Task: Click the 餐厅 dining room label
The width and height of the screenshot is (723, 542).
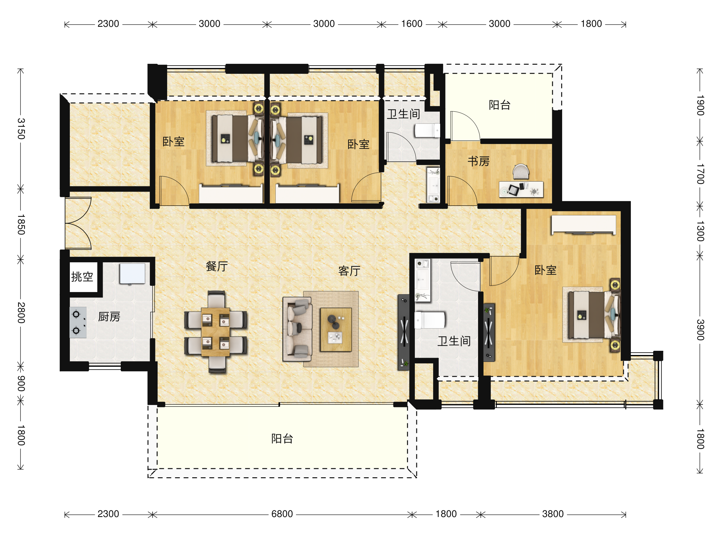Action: tap(217, 266)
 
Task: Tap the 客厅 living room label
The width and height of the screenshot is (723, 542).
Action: tap(349, 271)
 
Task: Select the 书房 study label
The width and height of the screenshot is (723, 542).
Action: tap(478, 161)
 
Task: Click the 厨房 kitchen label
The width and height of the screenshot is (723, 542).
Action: tap(109, 316)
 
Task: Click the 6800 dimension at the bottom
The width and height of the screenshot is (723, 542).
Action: tap(282, 514)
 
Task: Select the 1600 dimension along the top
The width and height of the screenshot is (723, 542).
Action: tap(412, 24)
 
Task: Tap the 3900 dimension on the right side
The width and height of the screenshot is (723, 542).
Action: tap(700, 330)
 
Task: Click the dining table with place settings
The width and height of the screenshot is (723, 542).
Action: tap(215, 332)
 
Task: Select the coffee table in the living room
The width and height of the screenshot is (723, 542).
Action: tap(336, 330)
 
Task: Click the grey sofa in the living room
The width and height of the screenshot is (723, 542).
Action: tap(297, 329)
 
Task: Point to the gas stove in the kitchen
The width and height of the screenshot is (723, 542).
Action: tap(78, 322)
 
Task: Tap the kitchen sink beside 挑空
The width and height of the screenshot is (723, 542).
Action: tap(132, 273)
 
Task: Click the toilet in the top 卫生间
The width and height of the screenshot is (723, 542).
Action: tap(427, 131)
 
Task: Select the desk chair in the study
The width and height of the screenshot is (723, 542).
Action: tap(521, 172)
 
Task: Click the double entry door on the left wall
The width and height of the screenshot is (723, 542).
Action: tap(78, 223)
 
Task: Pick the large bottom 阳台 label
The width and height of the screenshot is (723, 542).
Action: tap(282, 439)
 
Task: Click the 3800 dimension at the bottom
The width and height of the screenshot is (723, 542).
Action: tap(553, 514)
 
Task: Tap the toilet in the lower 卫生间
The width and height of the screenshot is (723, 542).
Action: tap(430, 320)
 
